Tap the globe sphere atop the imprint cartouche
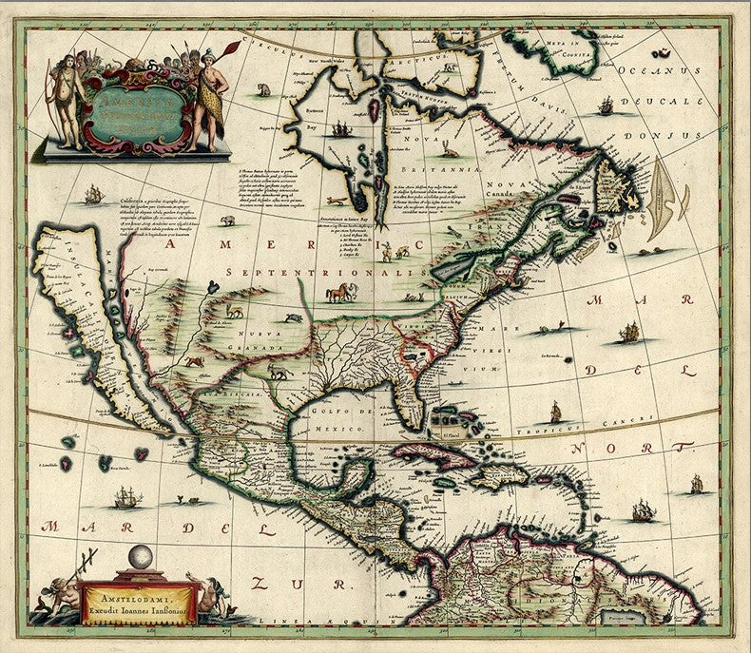[143, 557]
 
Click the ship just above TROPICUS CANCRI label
[556, 413]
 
